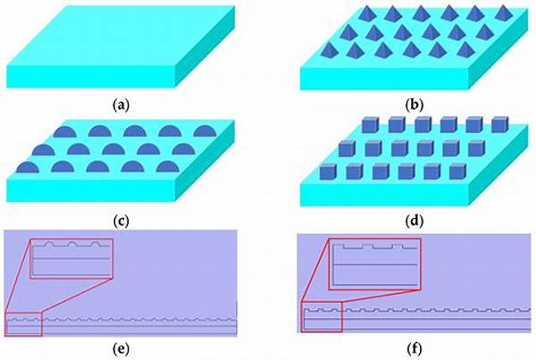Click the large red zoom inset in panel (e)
[71, 258]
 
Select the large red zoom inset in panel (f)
[373, 264]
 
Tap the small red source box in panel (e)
[23, 324]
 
